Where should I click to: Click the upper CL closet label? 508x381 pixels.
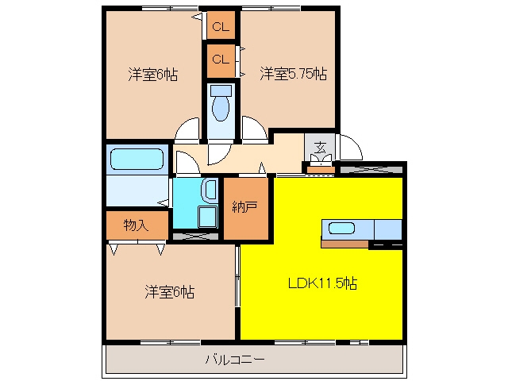(221, 26)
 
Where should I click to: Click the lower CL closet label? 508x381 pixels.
(221, 60)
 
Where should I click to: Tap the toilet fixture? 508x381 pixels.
(221, 102)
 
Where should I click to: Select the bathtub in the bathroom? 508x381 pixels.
(137, 159)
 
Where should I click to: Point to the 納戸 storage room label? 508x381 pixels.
(245, 207)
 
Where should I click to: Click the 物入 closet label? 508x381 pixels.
(137, 225)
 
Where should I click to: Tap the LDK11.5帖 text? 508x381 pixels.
(323, 283)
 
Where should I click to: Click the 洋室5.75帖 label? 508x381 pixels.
(293, 74)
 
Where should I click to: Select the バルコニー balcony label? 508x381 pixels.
(236, 360)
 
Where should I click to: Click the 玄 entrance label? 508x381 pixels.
(320, 148)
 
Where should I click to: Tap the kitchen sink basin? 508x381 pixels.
(341, 229)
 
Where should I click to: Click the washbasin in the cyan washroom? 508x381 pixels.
(210, 190)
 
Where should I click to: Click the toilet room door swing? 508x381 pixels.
(220, 155)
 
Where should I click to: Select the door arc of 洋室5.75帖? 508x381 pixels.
(255, 129)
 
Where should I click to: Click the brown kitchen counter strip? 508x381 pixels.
(344, 244)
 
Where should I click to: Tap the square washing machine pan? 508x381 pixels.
(207, 217)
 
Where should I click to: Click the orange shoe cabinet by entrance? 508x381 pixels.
(321, 170)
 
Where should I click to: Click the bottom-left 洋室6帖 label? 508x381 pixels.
(170, 292)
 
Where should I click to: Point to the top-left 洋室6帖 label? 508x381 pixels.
(153, 75)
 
